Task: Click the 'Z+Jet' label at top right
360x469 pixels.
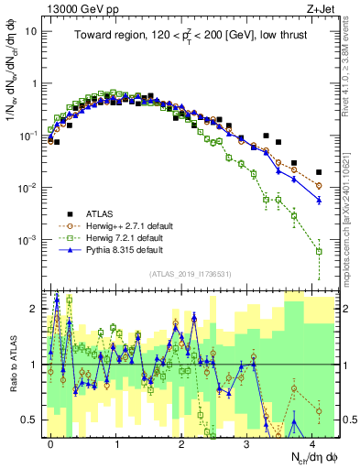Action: point(320,7)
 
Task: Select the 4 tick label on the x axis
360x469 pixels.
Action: point(312,442)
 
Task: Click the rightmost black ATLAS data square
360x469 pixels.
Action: point(319,172)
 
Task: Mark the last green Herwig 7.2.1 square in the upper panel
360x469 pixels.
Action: point(319,251)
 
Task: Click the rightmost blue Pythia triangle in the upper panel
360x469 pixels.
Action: point(319,200)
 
